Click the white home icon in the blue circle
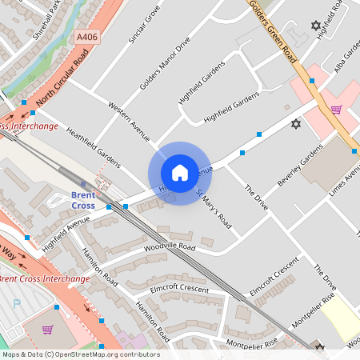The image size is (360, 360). coord(179,172)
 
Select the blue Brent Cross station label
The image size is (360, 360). coord(83,200)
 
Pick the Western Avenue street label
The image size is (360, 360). coord(129,119)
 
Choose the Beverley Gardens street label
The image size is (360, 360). coord(299,166)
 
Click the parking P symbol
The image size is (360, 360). coord(18,305)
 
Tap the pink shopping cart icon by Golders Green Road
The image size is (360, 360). coord(336,110)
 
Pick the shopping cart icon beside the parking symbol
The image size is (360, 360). coord(47,329)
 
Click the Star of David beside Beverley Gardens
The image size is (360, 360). coord(296,124)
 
